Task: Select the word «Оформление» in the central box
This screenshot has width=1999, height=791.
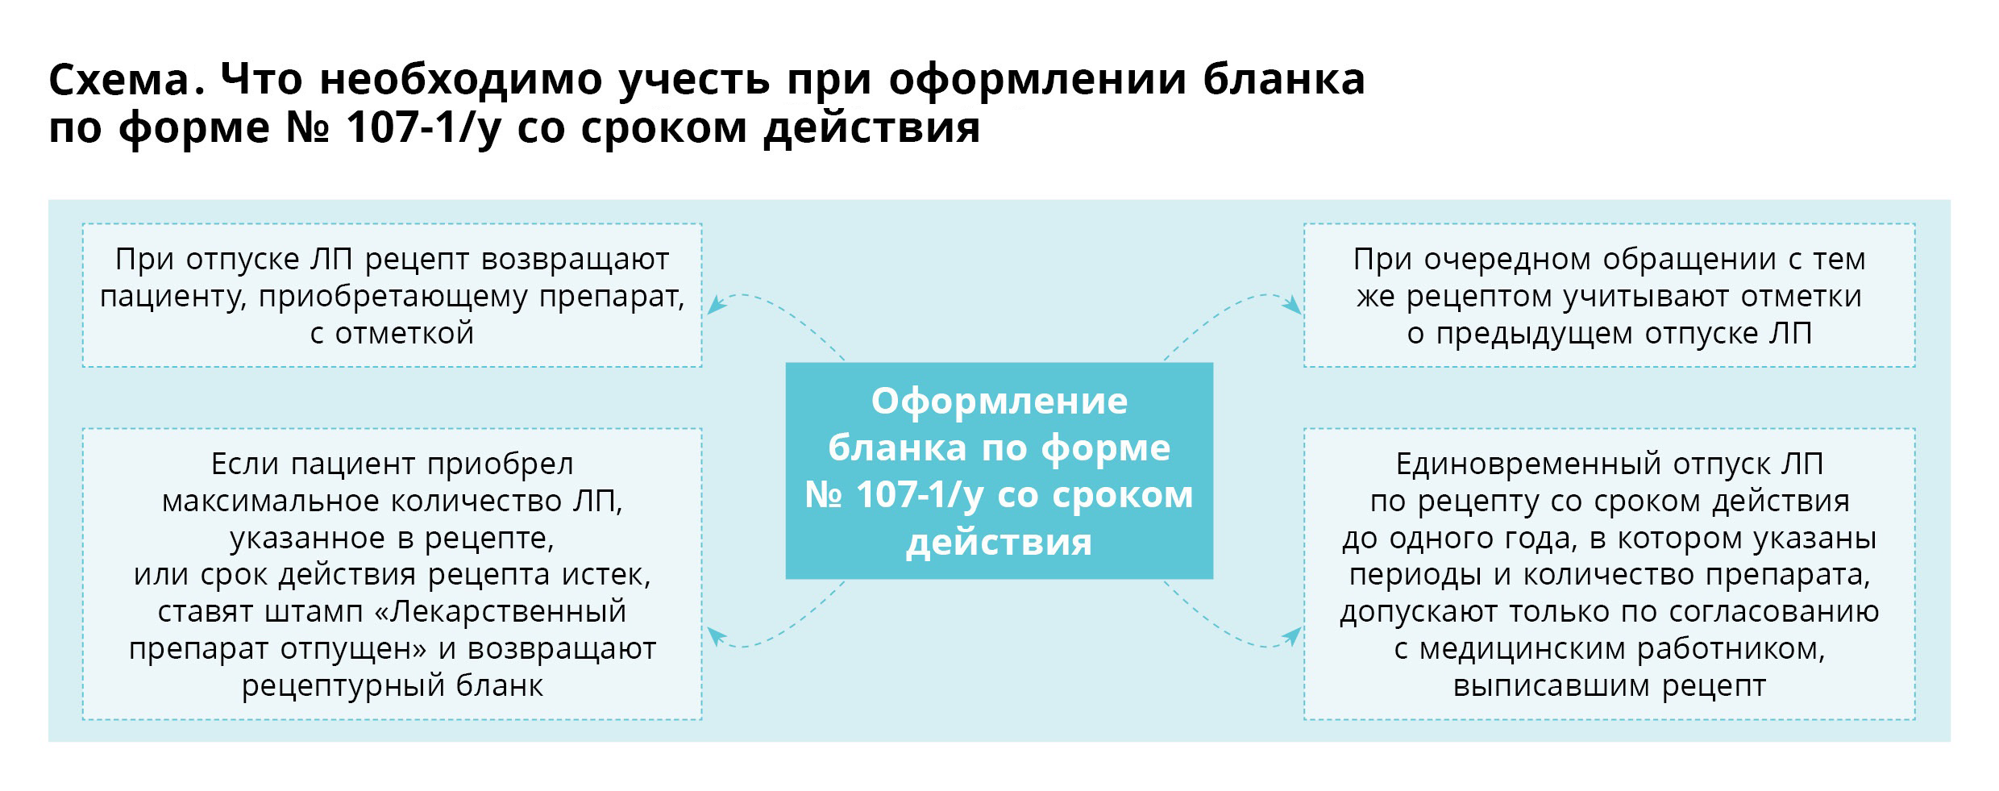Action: click(999, 402)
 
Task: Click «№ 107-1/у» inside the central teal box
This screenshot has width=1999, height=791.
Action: click(894, 494)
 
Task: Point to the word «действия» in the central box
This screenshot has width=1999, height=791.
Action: click(999, 543)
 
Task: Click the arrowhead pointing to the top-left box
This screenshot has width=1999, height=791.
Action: click(715, 305)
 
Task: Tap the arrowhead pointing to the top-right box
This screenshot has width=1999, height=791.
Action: click(1292, 306)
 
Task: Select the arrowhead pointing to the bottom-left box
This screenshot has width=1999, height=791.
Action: click(715, 637)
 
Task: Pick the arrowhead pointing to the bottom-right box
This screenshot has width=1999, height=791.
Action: click(1292, 637)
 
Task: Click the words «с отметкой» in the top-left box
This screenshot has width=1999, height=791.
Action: click(392, 334)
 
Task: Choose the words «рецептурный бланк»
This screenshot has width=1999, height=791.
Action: click(392, 686)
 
